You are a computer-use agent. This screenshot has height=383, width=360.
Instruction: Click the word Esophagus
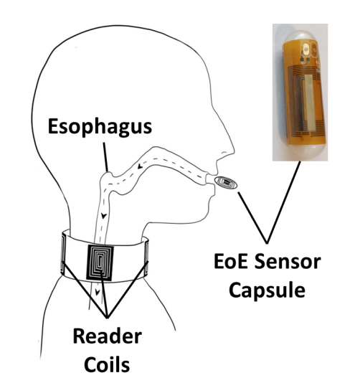coord(100,127)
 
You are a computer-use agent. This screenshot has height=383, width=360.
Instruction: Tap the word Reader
coord(108,336)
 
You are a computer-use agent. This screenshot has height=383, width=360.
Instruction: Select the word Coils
coord(107,365)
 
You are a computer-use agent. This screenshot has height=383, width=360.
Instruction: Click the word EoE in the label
coord(231,262)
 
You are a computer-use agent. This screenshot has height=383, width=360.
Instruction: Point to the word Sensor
coord(288,262)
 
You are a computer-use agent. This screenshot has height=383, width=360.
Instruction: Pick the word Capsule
coord(267,291)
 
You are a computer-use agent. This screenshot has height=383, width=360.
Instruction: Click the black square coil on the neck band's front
coord(100,263)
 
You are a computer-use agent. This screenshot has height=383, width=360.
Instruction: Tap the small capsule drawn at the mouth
coord(226,183)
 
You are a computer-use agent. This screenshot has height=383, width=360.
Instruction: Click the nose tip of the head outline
coord(234,149)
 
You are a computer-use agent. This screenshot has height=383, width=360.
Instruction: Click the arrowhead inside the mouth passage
coord(140,166)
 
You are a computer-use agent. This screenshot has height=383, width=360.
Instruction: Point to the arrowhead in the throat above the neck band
coord(104,216)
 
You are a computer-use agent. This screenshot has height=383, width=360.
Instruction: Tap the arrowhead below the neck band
coord(98,291)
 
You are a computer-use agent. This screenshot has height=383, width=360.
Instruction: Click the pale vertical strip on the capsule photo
coord(308,103)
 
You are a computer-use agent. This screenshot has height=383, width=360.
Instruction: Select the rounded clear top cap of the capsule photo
coord(300,36)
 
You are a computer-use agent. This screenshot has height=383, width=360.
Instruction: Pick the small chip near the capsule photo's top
coord(305,49)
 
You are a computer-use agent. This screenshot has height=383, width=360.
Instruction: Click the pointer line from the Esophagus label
coord(105,157)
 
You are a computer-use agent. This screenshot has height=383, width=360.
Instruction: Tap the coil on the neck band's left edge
coord(63,254)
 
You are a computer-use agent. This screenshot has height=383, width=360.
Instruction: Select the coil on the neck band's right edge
coord(146,257)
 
